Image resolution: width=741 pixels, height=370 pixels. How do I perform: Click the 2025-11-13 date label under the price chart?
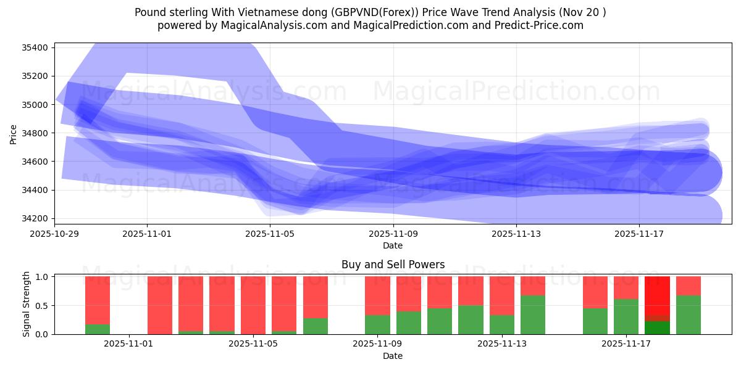(516, 234)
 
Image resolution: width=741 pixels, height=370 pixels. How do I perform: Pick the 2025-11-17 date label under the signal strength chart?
(626, 344)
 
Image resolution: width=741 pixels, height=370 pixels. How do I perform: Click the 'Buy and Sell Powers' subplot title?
(393, 265)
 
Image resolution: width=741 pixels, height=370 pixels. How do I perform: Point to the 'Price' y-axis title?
(14, 134)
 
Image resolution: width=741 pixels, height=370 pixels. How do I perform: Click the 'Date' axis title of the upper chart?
(393, 245)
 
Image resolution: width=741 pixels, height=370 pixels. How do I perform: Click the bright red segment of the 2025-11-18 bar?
(657, 296)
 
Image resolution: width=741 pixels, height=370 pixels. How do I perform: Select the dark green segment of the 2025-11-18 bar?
(657, 327)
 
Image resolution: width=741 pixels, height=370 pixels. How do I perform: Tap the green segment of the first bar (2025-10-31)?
(98, 329)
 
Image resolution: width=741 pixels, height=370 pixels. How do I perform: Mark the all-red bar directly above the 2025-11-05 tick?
(253, 305)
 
